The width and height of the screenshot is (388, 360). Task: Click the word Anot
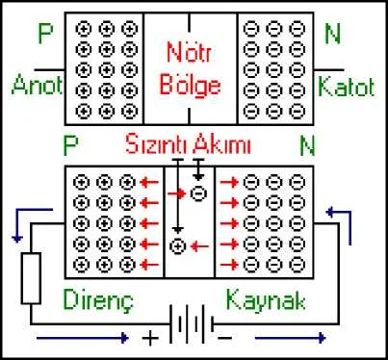[37, 85]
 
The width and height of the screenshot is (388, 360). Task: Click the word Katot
[347, 87]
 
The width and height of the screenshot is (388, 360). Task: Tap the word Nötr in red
[190, 53]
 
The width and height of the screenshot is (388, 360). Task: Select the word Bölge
[191, 86]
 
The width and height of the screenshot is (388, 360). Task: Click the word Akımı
[222, 144]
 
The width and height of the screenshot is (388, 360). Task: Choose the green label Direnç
[98, 300]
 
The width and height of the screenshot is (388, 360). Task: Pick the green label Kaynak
[266, 299]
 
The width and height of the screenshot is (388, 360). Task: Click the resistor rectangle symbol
[31, 278]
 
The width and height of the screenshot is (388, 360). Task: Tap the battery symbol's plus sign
[150, 339]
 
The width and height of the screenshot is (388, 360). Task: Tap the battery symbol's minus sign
[224, 338]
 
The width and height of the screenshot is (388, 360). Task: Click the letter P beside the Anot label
[45, 33]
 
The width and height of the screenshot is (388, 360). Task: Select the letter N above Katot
[332, 34]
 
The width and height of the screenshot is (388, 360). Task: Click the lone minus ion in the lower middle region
[198, 193]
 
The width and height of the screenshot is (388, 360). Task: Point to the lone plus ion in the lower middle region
[178, 246]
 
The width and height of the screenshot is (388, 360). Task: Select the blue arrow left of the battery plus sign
[83, 338]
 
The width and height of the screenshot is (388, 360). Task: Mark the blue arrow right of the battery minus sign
[291, 338]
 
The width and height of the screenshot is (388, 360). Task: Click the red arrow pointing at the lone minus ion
[177, 193]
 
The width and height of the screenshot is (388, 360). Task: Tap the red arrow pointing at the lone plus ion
[199, 246]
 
